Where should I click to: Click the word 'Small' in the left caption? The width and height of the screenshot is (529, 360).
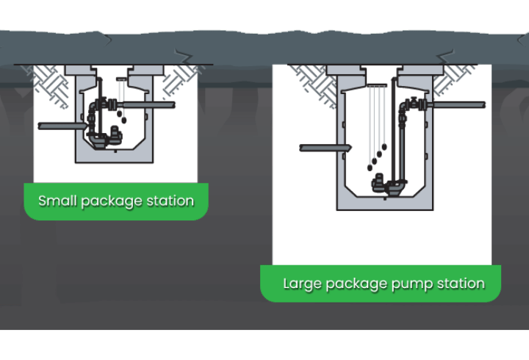(54, 201)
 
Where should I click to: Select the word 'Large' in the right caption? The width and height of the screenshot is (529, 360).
(301, 284)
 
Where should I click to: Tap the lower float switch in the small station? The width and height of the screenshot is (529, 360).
(123, 120)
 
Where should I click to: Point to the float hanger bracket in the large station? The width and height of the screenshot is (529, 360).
(376, 87)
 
